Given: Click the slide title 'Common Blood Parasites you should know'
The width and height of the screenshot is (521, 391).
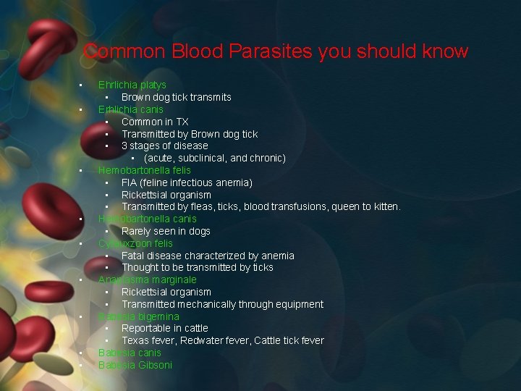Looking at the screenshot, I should coord(276,51).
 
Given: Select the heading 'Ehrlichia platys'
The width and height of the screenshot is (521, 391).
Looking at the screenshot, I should coord(132,85).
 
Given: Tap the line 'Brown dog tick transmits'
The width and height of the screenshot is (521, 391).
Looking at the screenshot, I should coord(176,97).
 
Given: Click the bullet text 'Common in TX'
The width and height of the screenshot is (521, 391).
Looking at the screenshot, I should coord(155,122).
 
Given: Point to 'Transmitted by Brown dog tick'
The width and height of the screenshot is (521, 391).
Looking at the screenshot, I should coord(189,134).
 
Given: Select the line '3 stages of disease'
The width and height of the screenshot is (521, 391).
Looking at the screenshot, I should coord(164,146).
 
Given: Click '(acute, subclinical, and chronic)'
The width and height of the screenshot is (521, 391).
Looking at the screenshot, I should coord(214,158).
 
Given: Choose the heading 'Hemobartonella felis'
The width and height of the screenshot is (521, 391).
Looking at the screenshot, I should coord(145,170).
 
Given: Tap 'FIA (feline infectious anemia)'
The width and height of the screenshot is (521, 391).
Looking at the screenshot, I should coord(187,182).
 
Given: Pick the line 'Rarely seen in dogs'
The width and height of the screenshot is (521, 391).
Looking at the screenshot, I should coord(166,231).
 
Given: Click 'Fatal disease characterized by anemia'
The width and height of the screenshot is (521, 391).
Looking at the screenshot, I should coord(208,256).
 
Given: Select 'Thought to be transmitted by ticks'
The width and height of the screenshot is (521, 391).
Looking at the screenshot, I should coord(197,267).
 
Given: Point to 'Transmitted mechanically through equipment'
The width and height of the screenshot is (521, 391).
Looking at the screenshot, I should coord(222,304).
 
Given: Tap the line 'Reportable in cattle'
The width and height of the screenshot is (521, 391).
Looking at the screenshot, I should coord(164,328).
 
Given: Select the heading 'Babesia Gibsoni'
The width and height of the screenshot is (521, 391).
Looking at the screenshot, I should coord(135,365).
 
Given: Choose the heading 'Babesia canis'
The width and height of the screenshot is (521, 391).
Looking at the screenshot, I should coord(130,353).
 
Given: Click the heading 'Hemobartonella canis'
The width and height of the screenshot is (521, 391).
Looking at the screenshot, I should coord(147,219).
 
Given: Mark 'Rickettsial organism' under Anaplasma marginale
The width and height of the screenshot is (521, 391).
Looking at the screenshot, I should coord(166,292).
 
